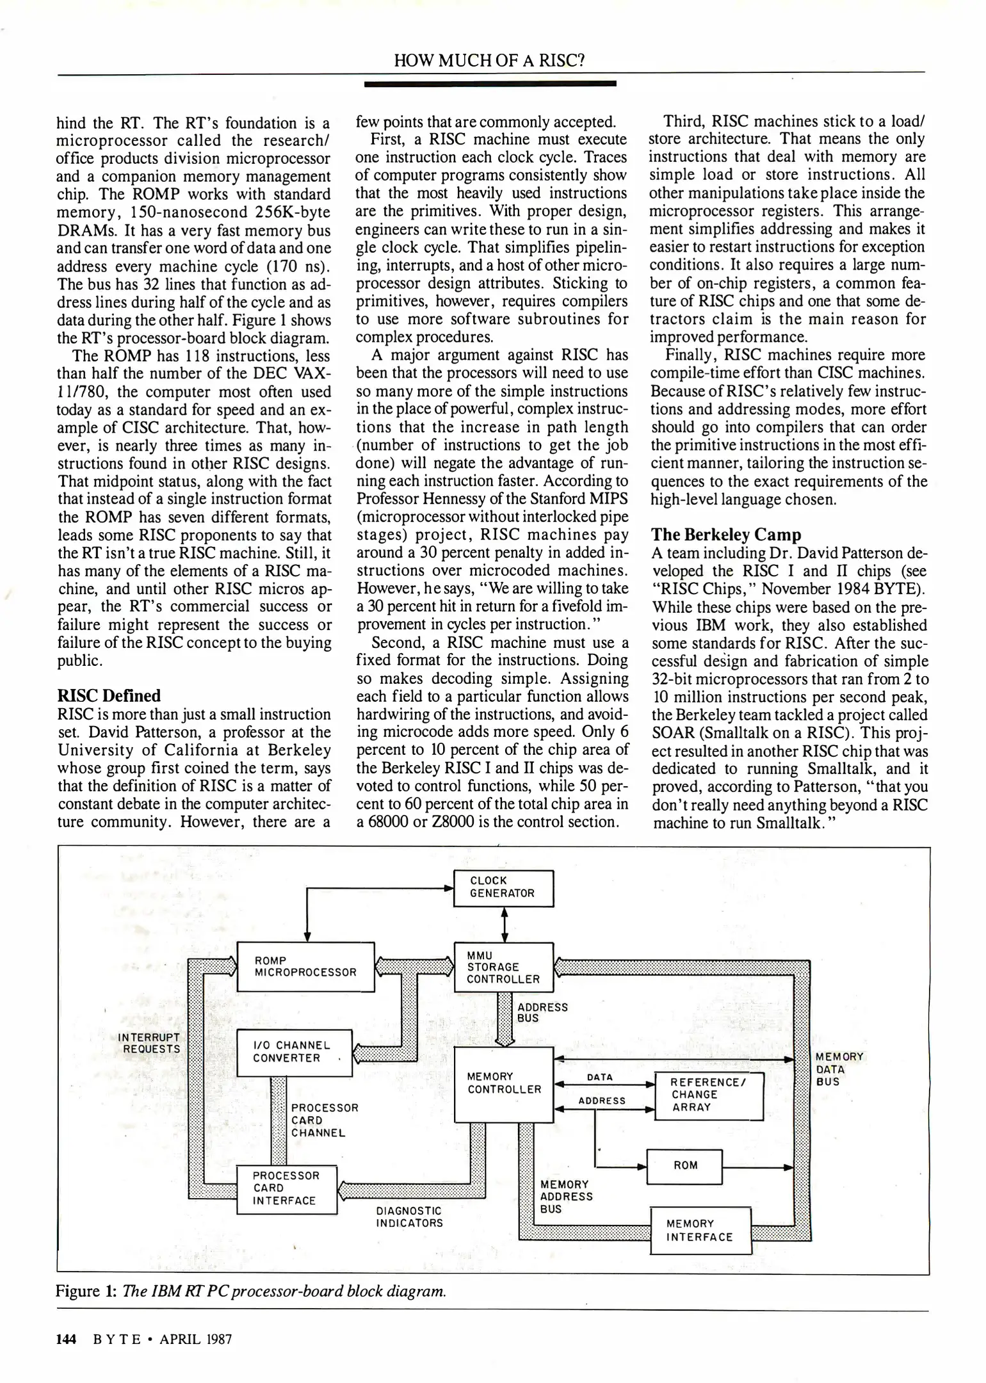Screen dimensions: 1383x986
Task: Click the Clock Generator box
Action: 503,888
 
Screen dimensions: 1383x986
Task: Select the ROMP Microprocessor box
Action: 305,967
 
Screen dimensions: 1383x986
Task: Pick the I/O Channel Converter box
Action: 294,1053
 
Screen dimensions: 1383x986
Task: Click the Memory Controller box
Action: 503,1084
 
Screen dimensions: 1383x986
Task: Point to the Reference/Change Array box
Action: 709,1096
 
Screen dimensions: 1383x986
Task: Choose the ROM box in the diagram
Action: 684,1166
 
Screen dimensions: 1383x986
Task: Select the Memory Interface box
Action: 700,1230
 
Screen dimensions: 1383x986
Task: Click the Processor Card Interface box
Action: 286,1189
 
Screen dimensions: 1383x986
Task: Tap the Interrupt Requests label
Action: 152,1043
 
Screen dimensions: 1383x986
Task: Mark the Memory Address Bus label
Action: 567,1197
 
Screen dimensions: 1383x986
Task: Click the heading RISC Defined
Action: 109,696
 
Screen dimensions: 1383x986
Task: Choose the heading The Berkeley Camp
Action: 726,535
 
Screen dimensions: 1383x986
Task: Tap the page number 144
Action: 66,1339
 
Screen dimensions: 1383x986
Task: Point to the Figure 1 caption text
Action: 251,1291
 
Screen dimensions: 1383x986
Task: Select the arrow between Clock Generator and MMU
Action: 505,925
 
